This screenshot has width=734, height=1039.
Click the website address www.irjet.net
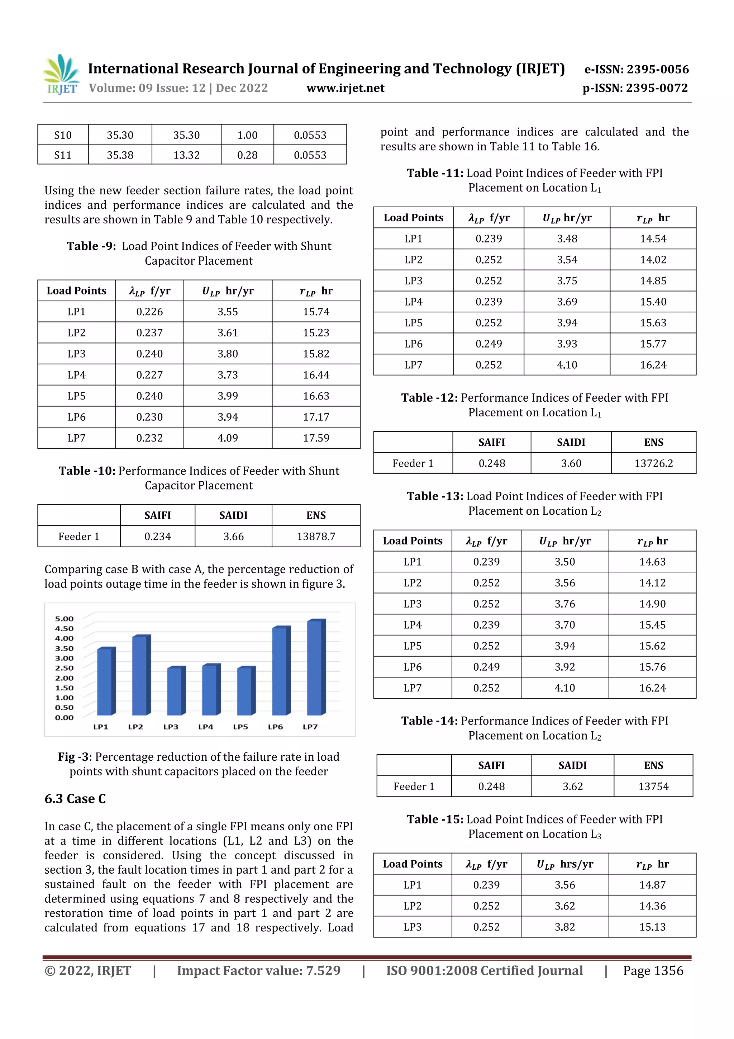[345, 88]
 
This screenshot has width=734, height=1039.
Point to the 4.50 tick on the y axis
[64, 629]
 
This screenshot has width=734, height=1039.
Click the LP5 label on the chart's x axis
[240, 727]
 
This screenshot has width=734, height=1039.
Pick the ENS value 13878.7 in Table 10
[316, 537]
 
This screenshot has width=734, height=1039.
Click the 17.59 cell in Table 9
[316, 438]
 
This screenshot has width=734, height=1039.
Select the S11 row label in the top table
[63, 155]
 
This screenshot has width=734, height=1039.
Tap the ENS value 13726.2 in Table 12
[653, 463]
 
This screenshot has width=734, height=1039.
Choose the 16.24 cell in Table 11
[653, 365]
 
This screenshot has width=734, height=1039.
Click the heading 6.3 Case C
[75, 799]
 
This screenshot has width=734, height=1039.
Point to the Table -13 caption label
[435, 496]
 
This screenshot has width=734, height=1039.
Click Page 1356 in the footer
[653, 970]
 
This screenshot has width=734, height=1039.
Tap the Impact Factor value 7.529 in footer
[323, 970]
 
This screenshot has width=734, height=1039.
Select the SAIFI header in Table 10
[157, 515]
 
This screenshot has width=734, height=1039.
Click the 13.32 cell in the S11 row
[186, 155]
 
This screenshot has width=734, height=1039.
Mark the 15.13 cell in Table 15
[652, 927]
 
